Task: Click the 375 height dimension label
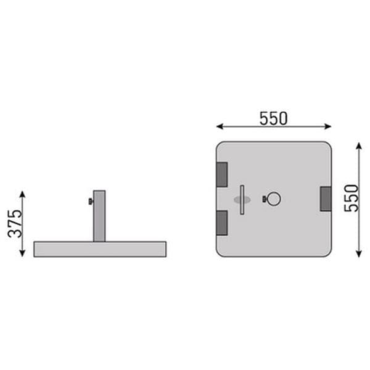click(15, 223)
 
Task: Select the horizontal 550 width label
click(273, 118)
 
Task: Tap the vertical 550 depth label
click(351, 198)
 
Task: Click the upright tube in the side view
click(99, 215)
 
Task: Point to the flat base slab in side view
click(100, 249)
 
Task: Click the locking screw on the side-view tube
click(90, 202)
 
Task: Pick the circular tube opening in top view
click(274, 199)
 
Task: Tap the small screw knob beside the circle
click(265, 199)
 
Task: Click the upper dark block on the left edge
click(221, 174)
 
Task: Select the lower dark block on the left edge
click(221, 222)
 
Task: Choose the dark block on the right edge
click(326, 199)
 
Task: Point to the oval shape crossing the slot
click(242, 200)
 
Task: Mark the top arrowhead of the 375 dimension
click(23, 194)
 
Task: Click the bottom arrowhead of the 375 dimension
click(23, 253)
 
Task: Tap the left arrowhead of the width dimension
click(219, 126)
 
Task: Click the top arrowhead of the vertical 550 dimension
click(359, 146)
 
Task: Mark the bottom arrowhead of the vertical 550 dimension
click(359, 253)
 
